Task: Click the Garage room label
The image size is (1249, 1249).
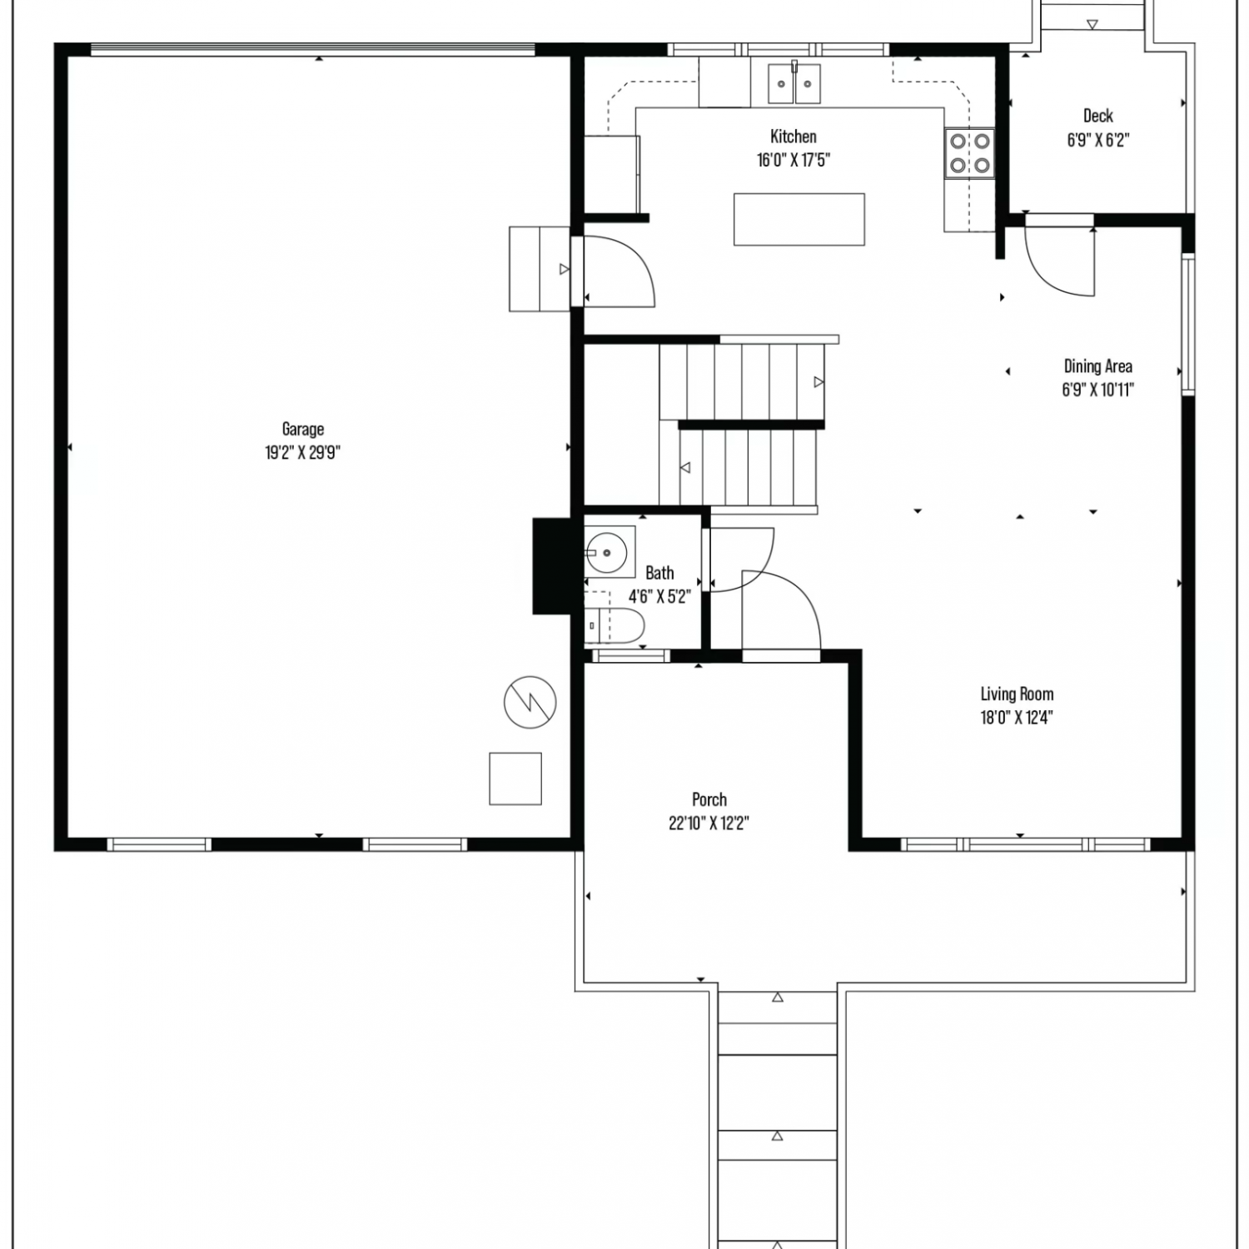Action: point(302,430)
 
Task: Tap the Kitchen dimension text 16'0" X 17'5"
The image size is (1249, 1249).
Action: point(794,160)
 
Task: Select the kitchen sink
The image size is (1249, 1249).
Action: point(794,83)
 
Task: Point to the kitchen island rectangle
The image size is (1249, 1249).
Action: point(799,219)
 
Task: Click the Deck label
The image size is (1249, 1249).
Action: point(1098,116)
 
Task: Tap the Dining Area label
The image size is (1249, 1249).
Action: point(1098,366)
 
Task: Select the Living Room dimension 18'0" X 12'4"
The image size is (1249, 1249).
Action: point(1017,718)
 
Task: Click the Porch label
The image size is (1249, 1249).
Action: point(709,799)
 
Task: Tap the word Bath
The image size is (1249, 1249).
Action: point(659,573)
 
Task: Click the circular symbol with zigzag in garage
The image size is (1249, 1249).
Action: point(530,701)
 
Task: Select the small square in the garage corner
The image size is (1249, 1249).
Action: point(515,779)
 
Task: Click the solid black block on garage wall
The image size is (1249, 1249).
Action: point(550,566)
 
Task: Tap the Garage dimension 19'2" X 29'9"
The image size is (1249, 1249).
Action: point(302,453)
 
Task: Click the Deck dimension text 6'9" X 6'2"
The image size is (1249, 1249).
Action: point(1098,140)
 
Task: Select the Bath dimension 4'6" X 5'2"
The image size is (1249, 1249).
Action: point(659,596)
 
